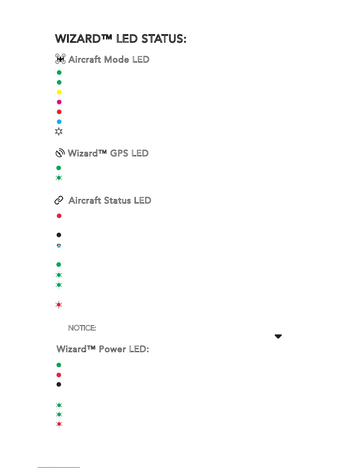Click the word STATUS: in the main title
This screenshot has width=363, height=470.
(164, 39)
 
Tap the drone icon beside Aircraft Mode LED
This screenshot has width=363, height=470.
(60, 59)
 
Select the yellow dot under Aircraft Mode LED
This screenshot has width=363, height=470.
(59, 92)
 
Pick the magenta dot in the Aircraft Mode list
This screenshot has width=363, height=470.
(59, 102)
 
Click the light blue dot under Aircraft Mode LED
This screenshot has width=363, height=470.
(59, 122)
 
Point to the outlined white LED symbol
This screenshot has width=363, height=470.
(59, 131)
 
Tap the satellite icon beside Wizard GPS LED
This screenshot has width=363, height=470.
(60, 153)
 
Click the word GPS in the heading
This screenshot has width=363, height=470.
(119, 153)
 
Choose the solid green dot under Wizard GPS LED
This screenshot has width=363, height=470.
(59, 168)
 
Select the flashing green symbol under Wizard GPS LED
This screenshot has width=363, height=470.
(59, 178)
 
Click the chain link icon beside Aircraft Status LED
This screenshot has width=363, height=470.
(59, 201)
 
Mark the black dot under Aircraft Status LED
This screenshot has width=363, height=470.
(59, 235)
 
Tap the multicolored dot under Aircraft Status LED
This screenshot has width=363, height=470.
(59, 246)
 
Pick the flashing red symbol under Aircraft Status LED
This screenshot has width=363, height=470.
(59, 305)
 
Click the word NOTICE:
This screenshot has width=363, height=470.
(82, 328)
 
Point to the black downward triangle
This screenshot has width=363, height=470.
(278, 336)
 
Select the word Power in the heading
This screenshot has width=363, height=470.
(112, 349)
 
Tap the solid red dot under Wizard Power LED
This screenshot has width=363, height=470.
(59, 375)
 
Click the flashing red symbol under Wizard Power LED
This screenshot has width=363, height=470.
(59, 424)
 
